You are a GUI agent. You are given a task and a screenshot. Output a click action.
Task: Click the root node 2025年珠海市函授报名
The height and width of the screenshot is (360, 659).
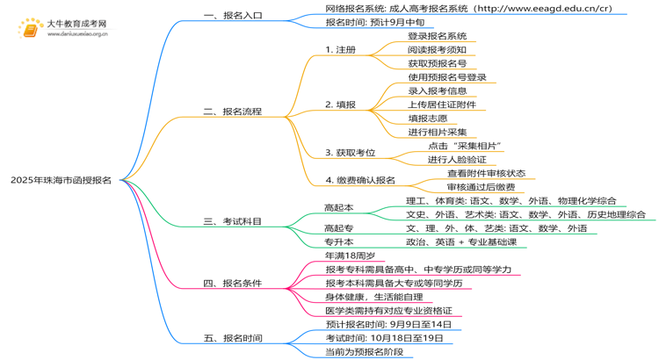(61, 180)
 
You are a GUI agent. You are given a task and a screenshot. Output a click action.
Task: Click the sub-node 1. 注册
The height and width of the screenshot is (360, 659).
(340, 50)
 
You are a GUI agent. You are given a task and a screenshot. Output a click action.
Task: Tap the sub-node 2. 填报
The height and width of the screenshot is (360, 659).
(340, 104)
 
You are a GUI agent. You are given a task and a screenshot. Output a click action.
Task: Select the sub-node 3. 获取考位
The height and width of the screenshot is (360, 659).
(350, 153)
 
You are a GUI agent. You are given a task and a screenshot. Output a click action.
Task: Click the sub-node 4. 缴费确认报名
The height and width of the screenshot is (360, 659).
(360, 180)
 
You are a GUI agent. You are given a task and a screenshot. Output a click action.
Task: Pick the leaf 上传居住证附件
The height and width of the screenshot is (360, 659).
(442, 104)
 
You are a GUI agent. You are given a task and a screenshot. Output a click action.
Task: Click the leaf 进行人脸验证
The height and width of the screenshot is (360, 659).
(457, 160)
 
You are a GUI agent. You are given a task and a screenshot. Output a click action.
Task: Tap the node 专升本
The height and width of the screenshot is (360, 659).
(339, 241)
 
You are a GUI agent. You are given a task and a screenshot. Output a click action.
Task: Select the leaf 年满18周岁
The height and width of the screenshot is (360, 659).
(351, 256)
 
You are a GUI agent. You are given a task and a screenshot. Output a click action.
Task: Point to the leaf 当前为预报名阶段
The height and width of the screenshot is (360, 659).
(363, 352)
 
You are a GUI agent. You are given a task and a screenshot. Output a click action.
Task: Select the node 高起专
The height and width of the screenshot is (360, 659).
(339, 228)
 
